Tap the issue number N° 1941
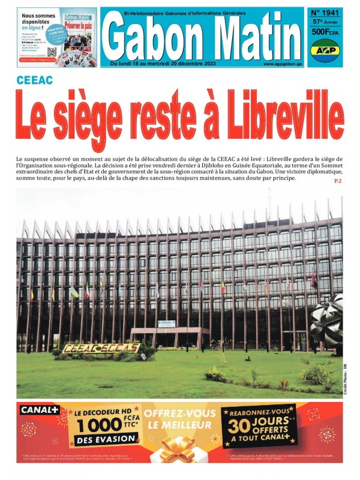[x=323, y=12]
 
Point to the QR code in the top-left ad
[x=52, y=53]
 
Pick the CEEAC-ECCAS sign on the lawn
[x=101, y=348]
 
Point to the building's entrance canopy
[x=166, y=331]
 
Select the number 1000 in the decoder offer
[x=98, y=425]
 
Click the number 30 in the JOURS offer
[x=238, y=428]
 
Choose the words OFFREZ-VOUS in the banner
[x=179, y=413]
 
